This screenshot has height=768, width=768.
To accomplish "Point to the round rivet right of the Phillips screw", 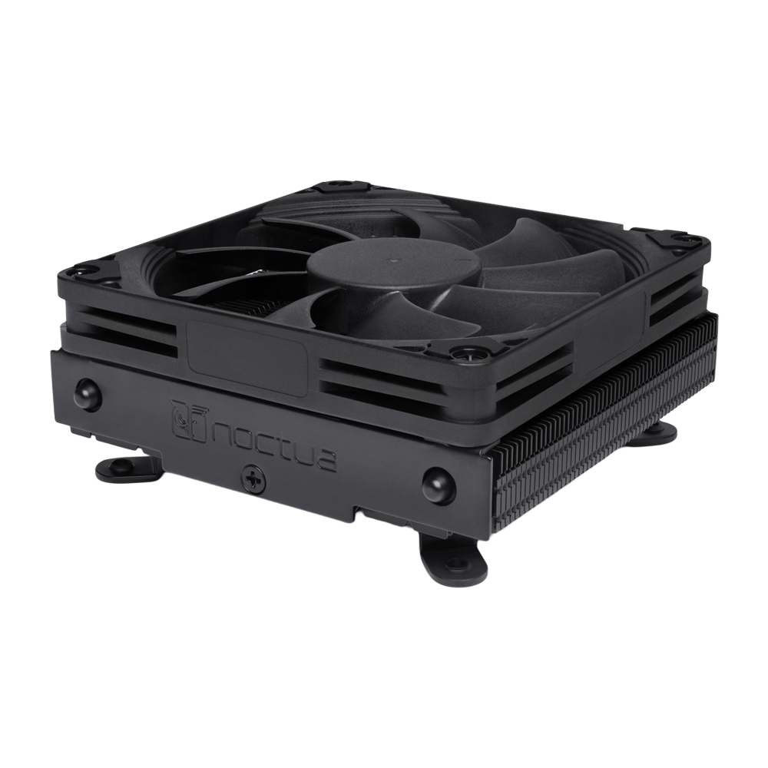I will tap(437, 483).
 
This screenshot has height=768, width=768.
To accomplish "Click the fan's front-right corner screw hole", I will tap(464, 354).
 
